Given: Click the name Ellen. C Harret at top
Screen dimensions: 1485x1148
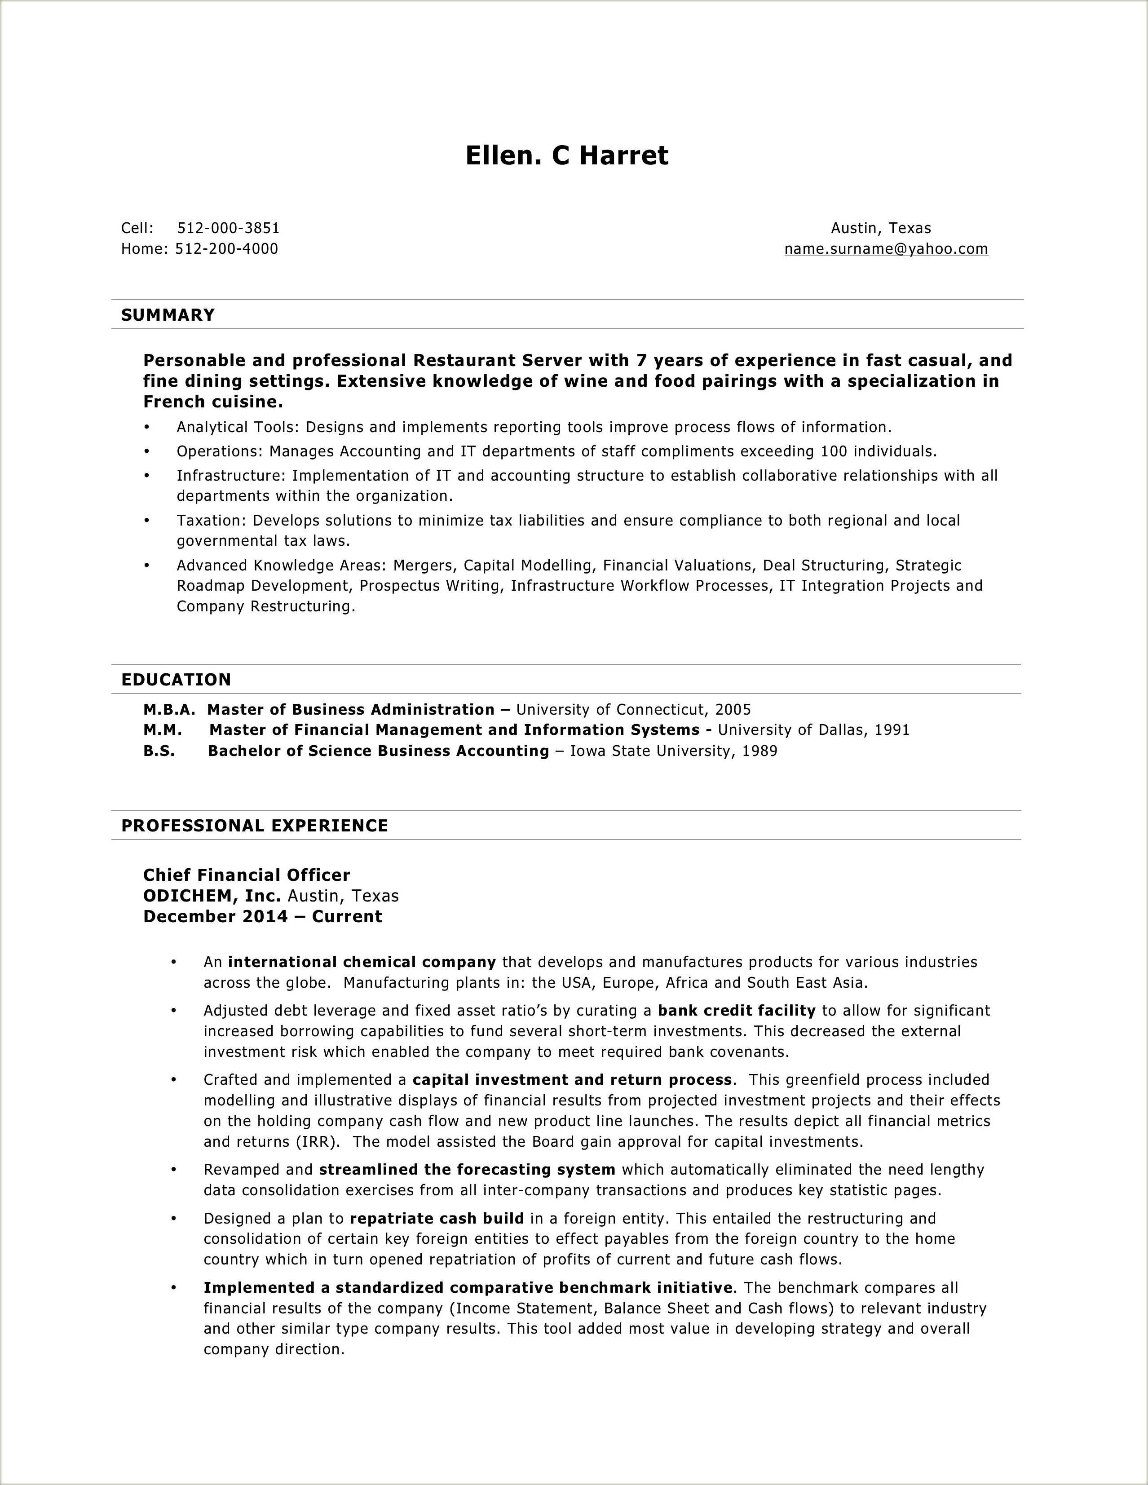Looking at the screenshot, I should tap(566, 156).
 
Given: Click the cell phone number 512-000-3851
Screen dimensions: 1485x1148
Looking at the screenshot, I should tap(228, 228).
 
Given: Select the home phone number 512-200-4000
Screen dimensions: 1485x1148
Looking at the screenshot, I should tap(226, 249).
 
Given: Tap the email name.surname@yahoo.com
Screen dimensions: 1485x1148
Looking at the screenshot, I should tap(886, 249).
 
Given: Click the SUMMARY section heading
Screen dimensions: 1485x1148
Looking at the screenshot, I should tap(168, 315).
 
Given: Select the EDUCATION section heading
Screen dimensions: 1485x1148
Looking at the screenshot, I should tap(176, 679).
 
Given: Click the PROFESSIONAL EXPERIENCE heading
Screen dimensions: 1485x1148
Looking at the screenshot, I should tap(254, 826).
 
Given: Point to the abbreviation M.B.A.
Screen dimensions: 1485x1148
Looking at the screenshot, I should tap(168, 710).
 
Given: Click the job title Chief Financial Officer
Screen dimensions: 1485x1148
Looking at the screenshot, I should tap(246, 875).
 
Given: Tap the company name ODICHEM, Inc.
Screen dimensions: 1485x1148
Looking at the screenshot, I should tap(212, 896).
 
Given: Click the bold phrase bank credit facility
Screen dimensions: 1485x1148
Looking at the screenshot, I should tap(736, 1010).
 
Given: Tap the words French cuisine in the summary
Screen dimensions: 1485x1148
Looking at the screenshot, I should tap(212, 402).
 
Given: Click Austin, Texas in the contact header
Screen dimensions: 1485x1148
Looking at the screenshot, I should tap(880, 228).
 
